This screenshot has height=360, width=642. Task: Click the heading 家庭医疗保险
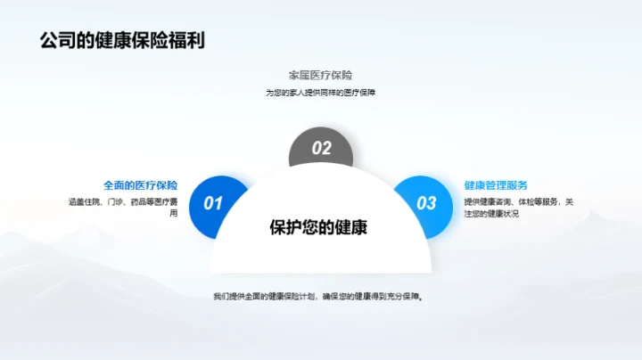coord(320,75)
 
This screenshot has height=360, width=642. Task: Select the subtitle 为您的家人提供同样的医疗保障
coord(320,92)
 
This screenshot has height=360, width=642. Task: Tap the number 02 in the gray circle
coord(321,149)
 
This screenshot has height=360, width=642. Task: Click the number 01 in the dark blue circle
coord(213,203)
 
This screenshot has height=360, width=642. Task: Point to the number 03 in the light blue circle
coord(427,203)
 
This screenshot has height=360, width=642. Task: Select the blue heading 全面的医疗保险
coord(140,185)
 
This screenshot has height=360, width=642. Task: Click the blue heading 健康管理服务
coord(496,185)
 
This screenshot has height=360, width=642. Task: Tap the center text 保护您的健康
coord(319,227)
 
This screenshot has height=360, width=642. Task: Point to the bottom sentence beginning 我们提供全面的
coord(319,296)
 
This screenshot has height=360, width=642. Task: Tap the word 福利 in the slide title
coord(187,41)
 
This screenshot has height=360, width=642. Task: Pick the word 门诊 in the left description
coord(114,202)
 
